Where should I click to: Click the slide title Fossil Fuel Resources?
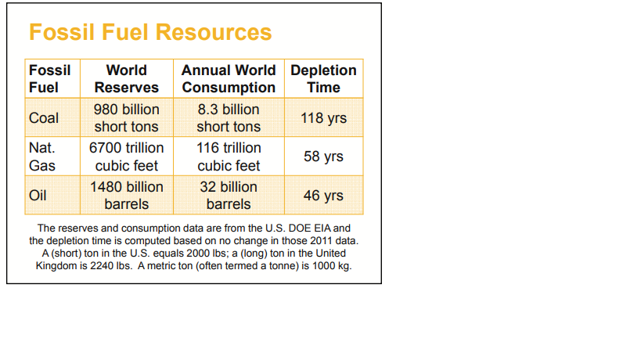tap(150, 32)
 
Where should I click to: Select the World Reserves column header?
tap(127, 78)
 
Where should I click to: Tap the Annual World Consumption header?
tap(229, 78)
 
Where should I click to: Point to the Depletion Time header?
tap(323, 78)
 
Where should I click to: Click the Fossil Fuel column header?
tap(49, 78)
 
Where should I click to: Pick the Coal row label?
tap(44, 118)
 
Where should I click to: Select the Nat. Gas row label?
tap(43, 157)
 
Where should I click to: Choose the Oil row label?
tap(38, 196)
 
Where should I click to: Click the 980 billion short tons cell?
tap(127, 117)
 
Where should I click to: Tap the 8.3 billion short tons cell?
tap(229, 117)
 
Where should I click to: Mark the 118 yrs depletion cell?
tap(323, 118)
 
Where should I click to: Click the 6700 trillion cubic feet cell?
tap(127, 157)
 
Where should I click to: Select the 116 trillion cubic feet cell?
tap(229, 157)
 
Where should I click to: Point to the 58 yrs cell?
tap(323, 157)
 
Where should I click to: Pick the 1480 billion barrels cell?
tap(127, 196)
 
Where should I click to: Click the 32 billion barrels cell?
tap(229, 196)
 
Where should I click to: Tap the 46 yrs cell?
tap(323, 196)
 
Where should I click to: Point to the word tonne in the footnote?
tap(275, 265)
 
